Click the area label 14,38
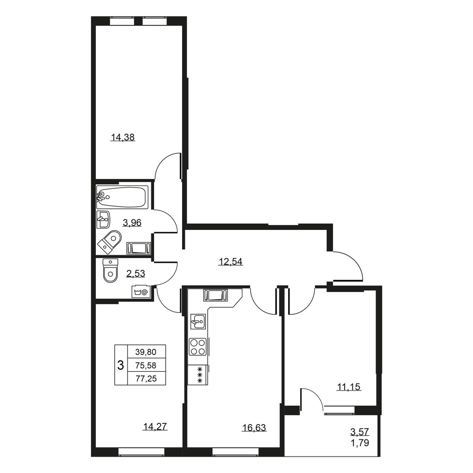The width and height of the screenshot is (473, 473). tap(123, 138)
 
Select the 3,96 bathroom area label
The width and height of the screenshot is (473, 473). tap(132, 223)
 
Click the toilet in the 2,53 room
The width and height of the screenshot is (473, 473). tap(110, 270)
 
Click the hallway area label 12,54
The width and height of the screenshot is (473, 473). tap(231, 262)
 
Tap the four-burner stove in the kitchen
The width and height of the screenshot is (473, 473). tap(197, 346)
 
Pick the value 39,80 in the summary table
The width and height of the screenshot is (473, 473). tap(146, 352)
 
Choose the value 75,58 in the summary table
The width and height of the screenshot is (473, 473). tap(146, 365)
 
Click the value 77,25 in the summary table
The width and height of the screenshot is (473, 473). tap(146, 379)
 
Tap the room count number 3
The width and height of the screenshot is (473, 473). tap(121, 365)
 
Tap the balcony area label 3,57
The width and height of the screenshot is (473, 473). tap(360, 438)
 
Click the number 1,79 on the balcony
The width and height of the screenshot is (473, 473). tap(360, 450)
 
